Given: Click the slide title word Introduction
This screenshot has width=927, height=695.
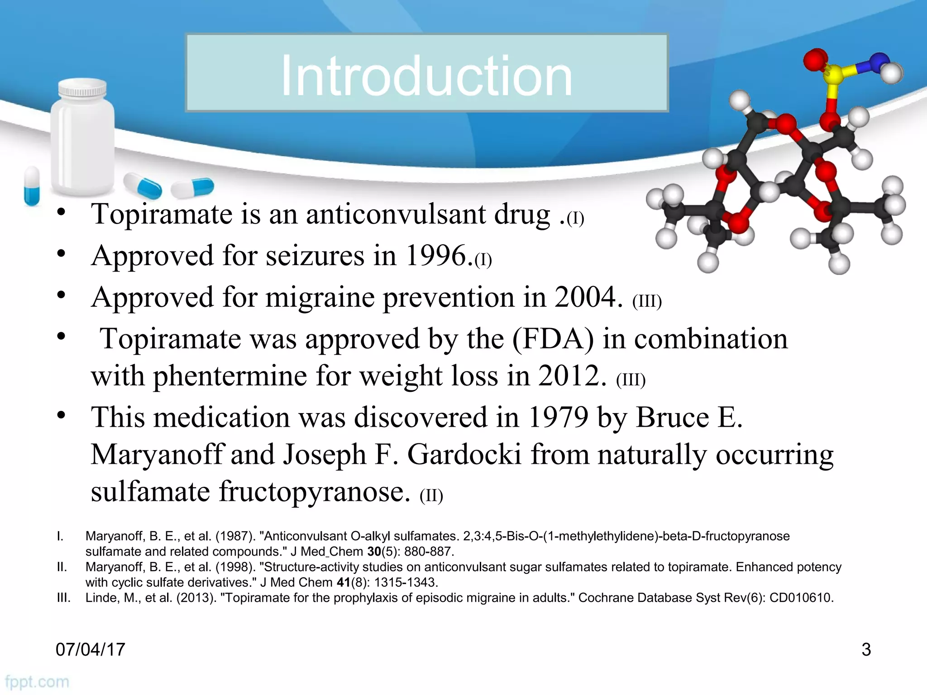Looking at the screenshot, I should tap(426, 76).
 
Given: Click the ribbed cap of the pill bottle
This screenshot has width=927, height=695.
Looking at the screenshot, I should tap(82, 89).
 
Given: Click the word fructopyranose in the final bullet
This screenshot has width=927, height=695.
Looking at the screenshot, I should tap(315, 492).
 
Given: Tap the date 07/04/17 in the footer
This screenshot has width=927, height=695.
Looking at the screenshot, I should tap(90, 649).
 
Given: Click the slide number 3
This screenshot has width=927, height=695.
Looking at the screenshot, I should tap(866, 649).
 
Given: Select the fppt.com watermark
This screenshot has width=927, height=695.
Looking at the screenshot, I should tap(37, 682).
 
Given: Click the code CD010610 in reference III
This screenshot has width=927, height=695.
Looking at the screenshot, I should tap(801, 598).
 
